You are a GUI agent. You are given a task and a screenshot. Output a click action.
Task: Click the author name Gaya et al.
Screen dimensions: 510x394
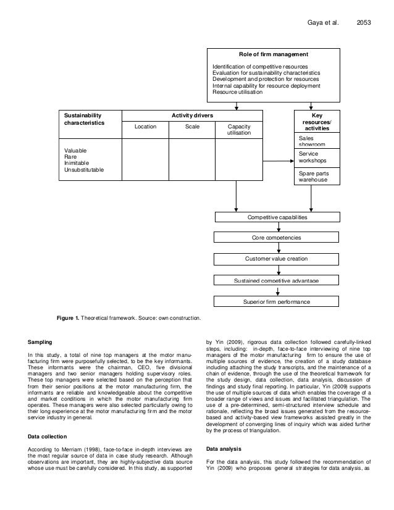click(324, 23)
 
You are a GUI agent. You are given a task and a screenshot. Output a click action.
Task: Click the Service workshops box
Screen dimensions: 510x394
click(315, 157)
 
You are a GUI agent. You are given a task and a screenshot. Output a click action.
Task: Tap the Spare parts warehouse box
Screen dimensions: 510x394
click(315, 177)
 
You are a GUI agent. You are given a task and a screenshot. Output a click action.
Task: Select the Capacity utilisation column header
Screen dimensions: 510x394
click(239, 130)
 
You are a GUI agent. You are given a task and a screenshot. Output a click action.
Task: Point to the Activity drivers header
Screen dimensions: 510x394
click(192, 115)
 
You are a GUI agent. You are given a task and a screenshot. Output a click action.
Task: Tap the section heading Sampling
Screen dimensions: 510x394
click(40, 341)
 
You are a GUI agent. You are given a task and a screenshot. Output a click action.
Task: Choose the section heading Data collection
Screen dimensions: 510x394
click(48, 437)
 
